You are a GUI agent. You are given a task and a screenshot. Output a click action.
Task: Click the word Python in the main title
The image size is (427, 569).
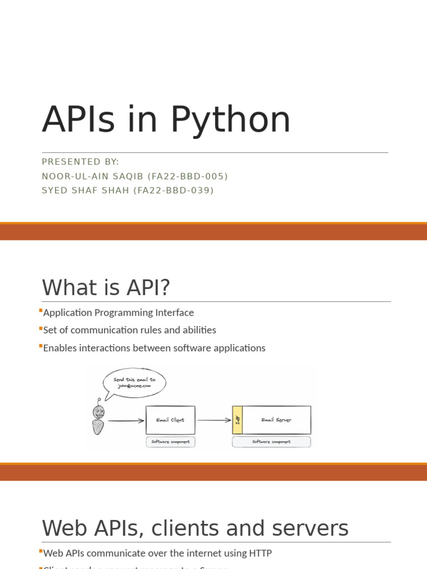[x=230, y=120]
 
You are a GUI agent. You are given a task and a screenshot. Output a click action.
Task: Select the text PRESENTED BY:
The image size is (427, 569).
[x=81, y=162]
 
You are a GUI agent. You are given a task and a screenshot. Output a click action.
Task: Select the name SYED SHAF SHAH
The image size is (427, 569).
[x=85, y=191]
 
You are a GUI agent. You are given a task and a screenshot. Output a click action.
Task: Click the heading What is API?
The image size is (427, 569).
[x=106, y=288]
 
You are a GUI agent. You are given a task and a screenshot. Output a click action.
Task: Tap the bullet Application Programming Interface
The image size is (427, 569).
[x=118, y=313]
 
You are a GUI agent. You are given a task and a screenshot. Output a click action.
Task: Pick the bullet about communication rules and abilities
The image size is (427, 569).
[x=130, y=330]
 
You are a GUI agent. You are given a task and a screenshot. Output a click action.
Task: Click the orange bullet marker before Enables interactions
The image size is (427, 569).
[x=41, y=346]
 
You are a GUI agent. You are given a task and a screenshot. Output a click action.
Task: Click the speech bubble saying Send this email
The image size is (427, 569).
[x=135, y=383]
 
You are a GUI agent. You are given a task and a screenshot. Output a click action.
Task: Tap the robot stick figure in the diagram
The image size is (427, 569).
[x=98, y=418]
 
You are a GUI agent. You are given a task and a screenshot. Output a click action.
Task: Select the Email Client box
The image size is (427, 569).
[x=170, y=420]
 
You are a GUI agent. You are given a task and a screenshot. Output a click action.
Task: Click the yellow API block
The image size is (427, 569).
[x=237, y=420]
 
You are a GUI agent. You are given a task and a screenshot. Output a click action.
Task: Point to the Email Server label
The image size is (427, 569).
[x=276, y=420]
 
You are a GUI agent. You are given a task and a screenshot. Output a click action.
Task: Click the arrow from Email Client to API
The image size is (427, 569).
[x=214, y=420]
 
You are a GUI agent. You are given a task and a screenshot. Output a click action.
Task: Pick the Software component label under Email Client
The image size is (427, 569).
[x=170, y=442]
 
